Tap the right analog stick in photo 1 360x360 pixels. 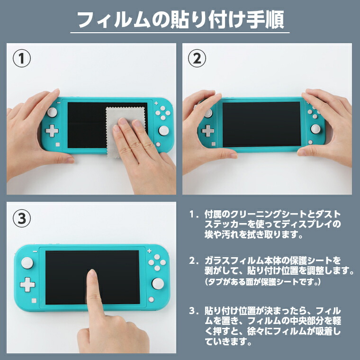pos(163,130)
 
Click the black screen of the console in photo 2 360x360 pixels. pos(261,124)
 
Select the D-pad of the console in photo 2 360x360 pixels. pos(207,131)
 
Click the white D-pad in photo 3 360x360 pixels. pos(27,285)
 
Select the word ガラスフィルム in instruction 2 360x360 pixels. pos(229,261)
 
